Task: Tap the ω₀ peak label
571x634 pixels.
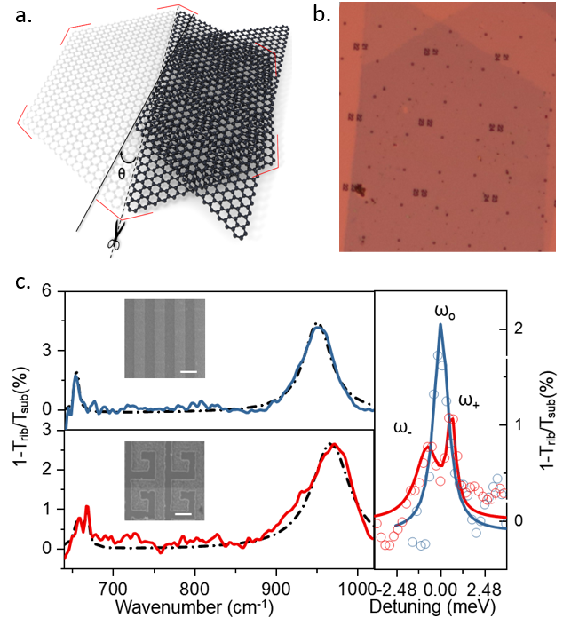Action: (443, 312)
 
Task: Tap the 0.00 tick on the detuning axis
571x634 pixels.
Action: (440, 586)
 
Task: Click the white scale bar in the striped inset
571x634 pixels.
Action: (187, 371)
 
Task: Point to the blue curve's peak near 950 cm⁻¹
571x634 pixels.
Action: (316, 327)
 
